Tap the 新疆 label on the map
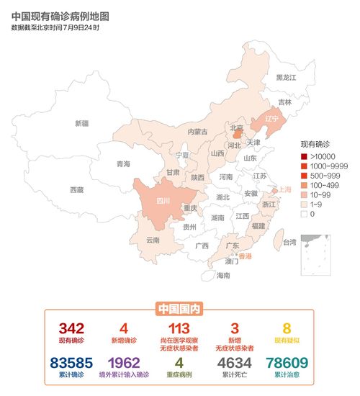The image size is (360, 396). [x=82, y=123]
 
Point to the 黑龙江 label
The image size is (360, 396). [x=287, y=77]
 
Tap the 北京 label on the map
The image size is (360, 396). [x=236, y=128]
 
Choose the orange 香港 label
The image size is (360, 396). [x=246, y=256]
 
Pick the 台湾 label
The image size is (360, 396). [x=289, y=243]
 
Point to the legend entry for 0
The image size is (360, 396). [x=312, y=214]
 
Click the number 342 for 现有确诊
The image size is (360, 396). [x=71, y=328]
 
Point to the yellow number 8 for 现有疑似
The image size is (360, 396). [x=287, y=328]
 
